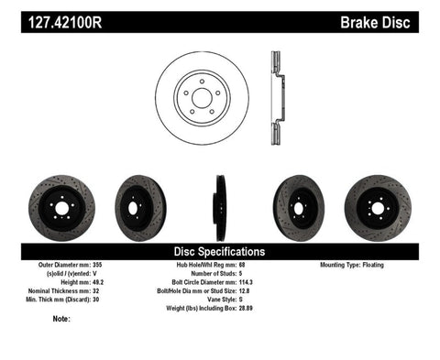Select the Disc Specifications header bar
220,250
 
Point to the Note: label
62,319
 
